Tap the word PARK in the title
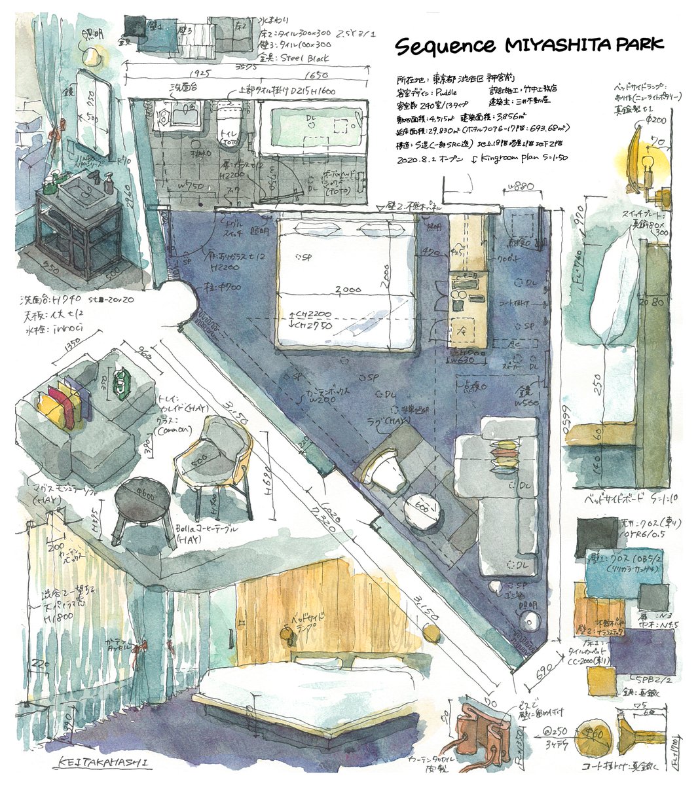(634, 45)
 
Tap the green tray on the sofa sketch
(122, 384)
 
